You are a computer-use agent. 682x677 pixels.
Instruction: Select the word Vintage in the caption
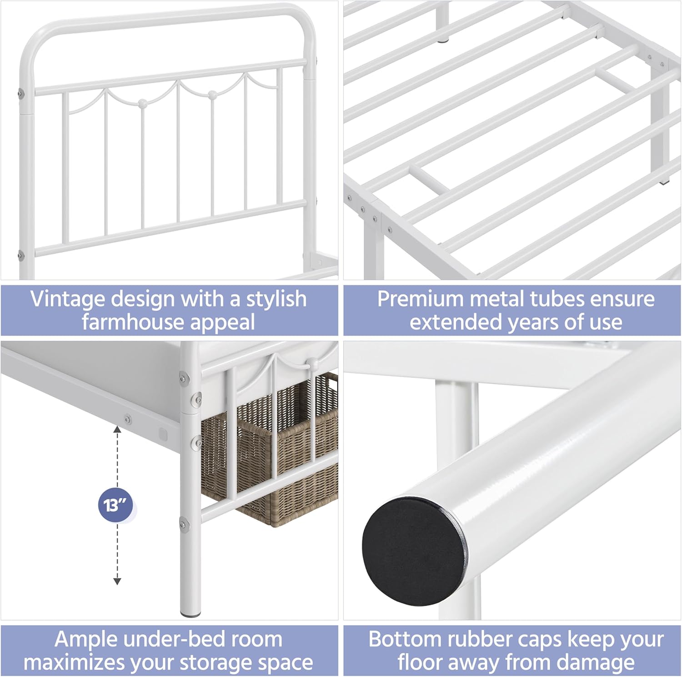tap(68, 299)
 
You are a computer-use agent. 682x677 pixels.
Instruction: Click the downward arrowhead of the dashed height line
tap(117, 581)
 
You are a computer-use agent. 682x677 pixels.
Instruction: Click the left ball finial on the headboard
tap(142, 103)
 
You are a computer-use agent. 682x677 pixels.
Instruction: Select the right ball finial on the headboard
tap(212, 95)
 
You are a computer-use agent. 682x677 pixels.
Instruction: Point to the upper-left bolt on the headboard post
tap(20, 94)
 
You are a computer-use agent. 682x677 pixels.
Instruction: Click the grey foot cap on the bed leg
tap(191, 614)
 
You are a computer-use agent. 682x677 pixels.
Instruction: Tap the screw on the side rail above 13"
tap(128, 418)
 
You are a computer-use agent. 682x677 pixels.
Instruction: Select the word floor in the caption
tap(421, 662)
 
